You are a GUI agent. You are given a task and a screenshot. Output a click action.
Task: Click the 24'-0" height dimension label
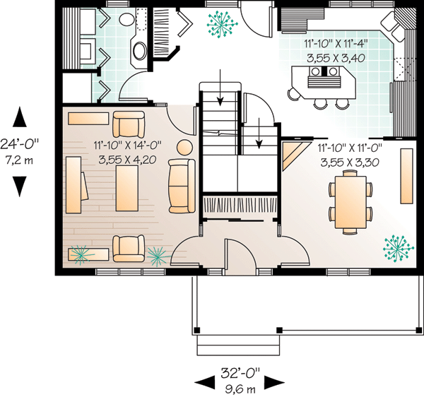click(20, 144)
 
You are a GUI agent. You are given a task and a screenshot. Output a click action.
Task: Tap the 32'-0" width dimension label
click(240, 373)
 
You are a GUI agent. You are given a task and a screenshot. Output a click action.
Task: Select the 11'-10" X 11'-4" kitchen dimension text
click(336, 44)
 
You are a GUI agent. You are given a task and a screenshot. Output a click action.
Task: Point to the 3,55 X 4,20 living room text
click(127, 160)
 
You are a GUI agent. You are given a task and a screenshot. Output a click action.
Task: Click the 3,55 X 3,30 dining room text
click(350, 162)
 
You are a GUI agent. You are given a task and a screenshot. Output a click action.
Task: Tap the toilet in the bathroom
click(126, 19)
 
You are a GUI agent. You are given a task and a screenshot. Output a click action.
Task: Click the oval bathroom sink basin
click(139, 51)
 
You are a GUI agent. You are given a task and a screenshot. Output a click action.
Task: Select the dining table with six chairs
click(351, 202)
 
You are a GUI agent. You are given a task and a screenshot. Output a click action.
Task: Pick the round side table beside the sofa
click(184, 148)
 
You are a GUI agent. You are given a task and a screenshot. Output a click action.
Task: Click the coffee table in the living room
click(126, 188)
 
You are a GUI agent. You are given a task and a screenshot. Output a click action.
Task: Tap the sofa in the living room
click(182, 186)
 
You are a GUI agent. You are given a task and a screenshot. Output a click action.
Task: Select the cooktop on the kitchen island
click(324, 71)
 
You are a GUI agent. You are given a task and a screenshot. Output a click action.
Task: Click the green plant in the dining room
click(398, 249)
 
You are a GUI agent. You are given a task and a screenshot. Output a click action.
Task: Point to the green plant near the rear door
click(222, 25)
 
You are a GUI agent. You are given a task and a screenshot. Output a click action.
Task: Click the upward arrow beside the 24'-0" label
click(20, 117)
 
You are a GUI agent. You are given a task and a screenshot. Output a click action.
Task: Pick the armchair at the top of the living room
click(129, 124)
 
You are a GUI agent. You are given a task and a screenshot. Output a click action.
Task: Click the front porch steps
click(238, 345)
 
